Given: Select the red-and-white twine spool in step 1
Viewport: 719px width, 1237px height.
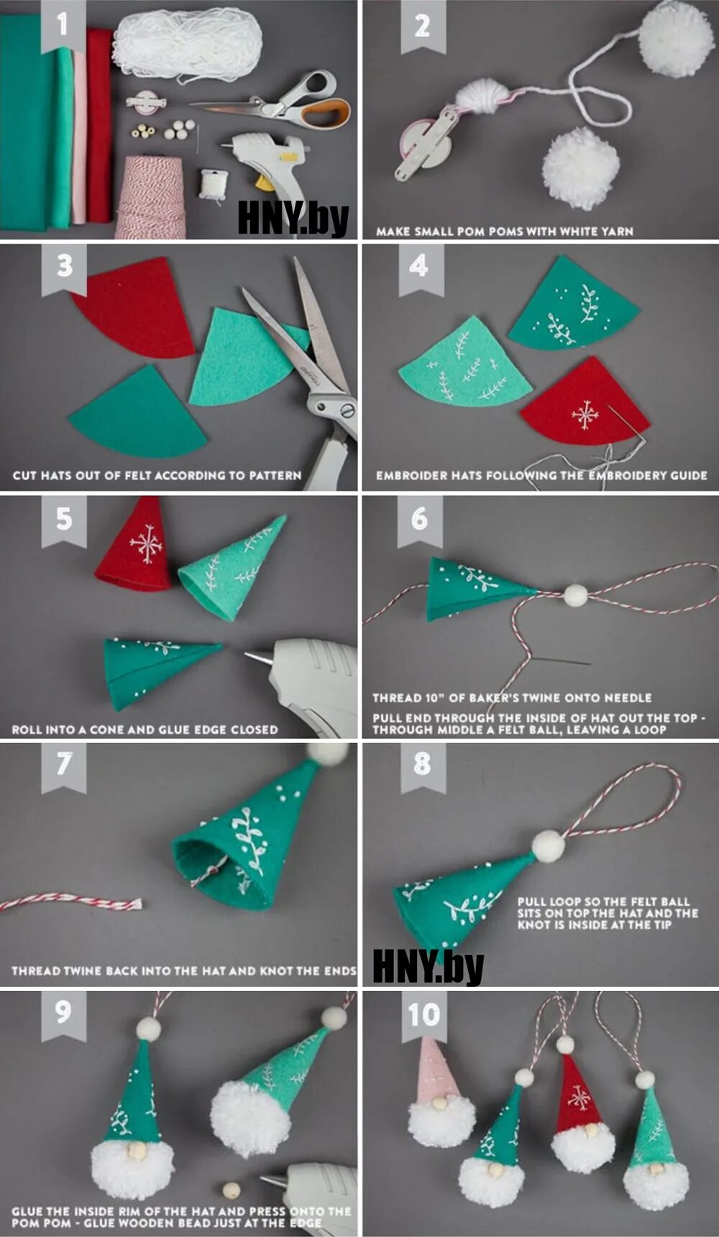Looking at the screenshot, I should click(151, 198).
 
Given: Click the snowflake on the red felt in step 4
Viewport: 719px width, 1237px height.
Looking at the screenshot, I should click(585, 415).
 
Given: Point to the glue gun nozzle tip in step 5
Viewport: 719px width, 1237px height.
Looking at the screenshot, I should click(248, 655).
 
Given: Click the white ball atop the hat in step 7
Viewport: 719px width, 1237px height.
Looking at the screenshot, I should click(329, 753).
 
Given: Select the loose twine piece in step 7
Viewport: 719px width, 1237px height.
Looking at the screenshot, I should click(72, 901).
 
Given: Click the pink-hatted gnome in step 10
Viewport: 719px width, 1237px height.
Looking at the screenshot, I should click(439, 1093).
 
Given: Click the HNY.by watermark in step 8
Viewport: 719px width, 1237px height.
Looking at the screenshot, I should click(428, 967).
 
